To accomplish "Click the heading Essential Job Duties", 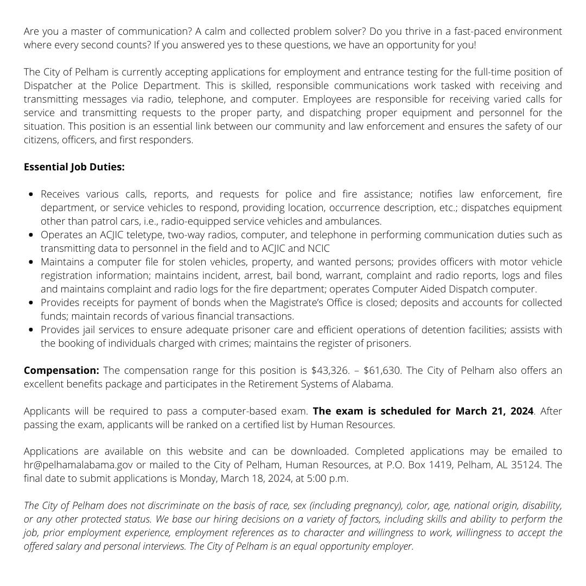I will [x=74, y=167].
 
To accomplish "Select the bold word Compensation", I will [x=61, y=371].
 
